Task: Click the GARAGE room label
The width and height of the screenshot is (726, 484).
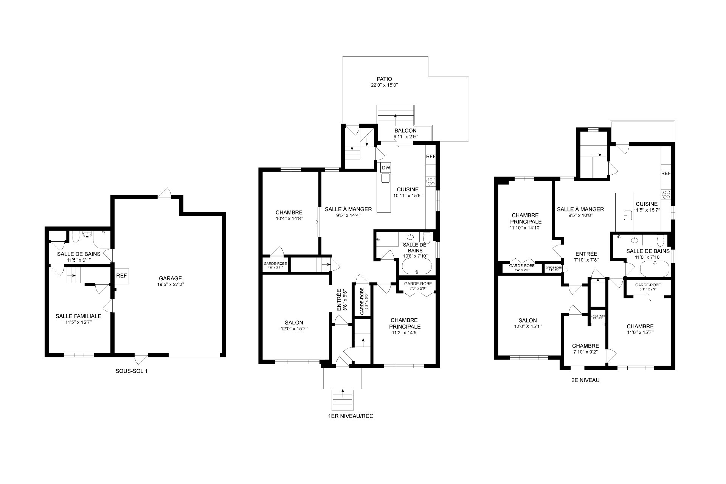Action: tap(170, 278)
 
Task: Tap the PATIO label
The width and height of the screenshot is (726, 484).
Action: tap(384, 79)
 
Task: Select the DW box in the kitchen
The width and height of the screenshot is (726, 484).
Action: tap(386, 168)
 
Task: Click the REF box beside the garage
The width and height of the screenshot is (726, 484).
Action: tap(121, 276)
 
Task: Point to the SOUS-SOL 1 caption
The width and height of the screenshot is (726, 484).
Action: tap(132, 371)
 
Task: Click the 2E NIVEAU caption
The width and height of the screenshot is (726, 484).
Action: tap(585, 380)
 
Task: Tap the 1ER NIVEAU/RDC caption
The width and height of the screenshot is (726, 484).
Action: tap(351, 416)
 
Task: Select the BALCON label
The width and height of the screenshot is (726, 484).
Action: tap(405, 131)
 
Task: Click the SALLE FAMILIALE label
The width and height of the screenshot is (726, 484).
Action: tap(78, 316)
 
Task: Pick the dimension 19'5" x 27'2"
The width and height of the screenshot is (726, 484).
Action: tap(170, 284)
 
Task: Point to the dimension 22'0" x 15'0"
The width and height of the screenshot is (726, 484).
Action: tap(384, 85)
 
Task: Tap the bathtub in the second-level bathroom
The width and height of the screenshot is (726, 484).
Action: tap(655, 269)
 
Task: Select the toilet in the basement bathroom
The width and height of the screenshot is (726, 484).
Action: tap(75, 237)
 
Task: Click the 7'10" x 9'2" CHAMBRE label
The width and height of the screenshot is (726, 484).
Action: tap(585, 346)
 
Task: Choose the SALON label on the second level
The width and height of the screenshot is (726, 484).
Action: tap(527, 320)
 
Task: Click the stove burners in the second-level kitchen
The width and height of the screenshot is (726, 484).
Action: tap(666, 194)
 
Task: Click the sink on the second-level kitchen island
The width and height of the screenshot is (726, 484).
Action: tap(628, 215)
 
